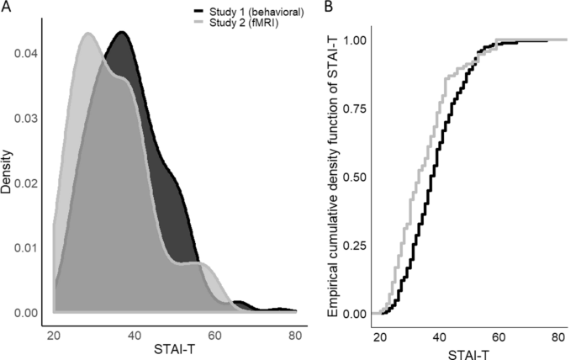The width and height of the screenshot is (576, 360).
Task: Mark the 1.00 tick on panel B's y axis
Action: point(357,40)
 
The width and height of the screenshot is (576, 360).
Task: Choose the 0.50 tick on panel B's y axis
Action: point(357,177)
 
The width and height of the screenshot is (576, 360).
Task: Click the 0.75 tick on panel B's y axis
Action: point(357,109)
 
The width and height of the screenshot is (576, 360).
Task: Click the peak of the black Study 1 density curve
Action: point(122,32)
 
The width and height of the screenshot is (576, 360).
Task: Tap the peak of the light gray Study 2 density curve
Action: point(87,34)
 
